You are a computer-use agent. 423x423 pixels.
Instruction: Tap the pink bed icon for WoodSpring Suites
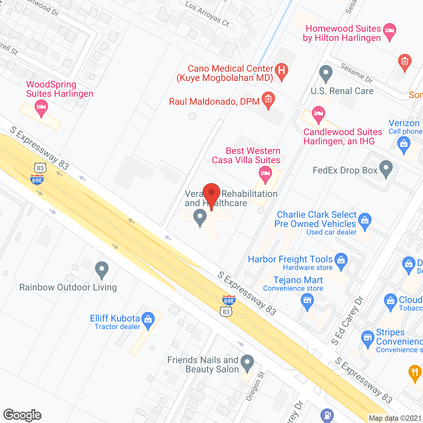click(41, 108)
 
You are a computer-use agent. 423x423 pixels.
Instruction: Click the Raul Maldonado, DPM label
click(214, 101)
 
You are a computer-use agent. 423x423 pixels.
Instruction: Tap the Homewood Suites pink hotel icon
click(390, 31)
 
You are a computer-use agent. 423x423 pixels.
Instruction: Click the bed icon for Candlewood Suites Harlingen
click(318, 114)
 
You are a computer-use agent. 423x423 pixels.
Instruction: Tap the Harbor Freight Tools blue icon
click(341, 261)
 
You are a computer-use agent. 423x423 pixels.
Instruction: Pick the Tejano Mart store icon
click(307, 301)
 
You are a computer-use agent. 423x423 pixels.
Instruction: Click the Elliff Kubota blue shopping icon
click(148, 320)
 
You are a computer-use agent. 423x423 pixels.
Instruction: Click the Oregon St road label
click(255, 386)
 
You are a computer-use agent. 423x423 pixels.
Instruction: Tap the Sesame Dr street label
click(357, 73)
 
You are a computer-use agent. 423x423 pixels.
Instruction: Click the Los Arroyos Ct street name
click(207, 14)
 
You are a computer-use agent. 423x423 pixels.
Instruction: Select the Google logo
click(22, 415)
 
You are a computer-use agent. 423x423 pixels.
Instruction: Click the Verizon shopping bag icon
click(404, 145)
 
